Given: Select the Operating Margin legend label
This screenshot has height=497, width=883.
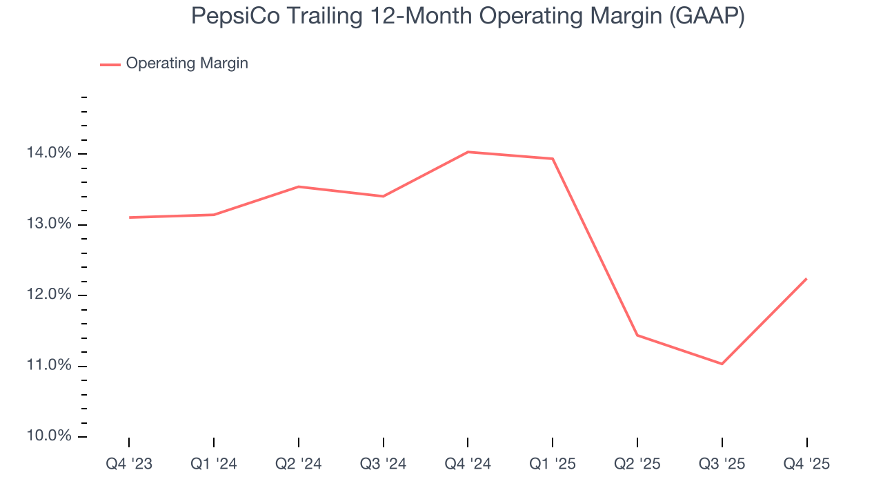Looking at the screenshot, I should [186, 64].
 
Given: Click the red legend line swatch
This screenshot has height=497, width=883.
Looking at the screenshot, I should [110, 64].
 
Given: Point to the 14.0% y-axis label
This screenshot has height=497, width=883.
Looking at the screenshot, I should [49, 153].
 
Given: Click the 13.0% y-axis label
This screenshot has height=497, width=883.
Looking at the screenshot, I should [49, 224].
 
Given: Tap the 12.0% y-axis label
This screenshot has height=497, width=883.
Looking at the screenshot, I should [49, 295].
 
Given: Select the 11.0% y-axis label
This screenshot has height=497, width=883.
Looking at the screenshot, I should [49, 366].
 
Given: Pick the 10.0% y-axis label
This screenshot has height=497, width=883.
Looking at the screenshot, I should [49, 436].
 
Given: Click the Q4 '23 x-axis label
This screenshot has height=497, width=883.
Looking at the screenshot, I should [129, 464].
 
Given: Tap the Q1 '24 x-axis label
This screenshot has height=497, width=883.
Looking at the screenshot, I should [214, 464].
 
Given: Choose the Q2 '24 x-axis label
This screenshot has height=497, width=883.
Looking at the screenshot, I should [299, 464].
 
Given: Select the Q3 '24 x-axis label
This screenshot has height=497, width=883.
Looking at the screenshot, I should [384, 464].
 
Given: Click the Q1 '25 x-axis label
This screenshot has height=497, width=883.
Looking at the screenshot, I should [553, 464].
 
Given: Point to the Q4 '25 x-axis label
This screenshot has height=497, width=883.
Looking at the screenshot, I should [806, 464].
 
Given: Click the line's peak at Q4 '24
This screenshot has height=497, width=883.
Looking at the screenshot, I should [468, 152].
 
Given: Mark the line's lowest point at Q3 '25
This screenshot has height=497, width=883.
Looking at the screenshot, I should [722, 364].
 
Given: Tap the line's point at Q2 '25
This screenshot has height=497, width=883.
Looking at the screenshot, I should [637, 335].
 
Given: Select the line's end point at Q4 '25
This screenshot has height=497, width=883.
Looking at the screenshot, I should [806, 279].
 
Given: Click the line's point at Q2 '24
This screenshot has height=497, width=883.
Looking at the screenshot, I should [299, 186].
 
